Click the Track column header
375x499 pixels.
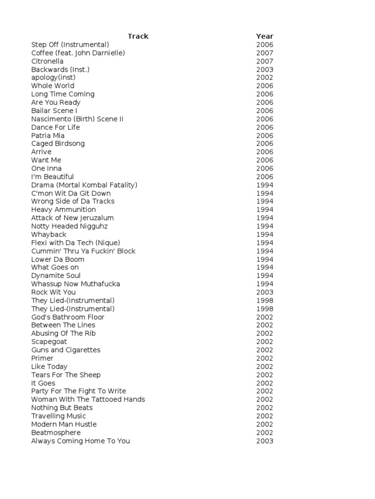pos(138,36)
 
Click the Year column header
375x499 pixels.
pos(265,36)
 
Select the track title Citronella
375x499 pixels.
pos(47,61)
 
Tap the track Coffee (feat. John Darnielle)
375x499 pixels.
pos(78,53)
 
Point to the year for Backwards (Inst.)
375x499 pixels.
pos(265,69)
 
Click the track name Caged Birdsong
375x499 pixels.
pos(58,143)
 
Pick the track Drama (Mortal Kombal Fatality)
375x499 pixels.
pos(84,185)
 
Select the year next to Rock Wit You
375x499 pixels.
pos(265,292)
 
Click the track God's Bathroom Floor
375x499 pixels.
pos(67,317)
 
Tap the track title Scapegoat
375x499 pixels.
pos(49,342)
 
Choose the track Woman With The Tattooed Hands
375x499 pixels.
pos(88,399)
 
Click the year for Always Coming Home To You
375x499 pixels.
pos(265,441)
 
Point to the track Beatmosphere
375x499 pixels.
pos(56,432)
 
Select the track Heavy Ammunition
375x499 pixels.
pos(63,210)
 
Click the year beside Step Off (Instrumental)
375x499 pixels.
pos(265,44)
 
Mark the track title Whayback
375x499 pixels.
pos(48,234)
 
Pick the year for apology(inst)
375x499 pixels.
pos(265,77)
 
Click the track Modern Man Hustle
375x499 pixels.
pos(64,424)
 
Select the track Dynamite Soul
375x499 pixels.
pos(56,275)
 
